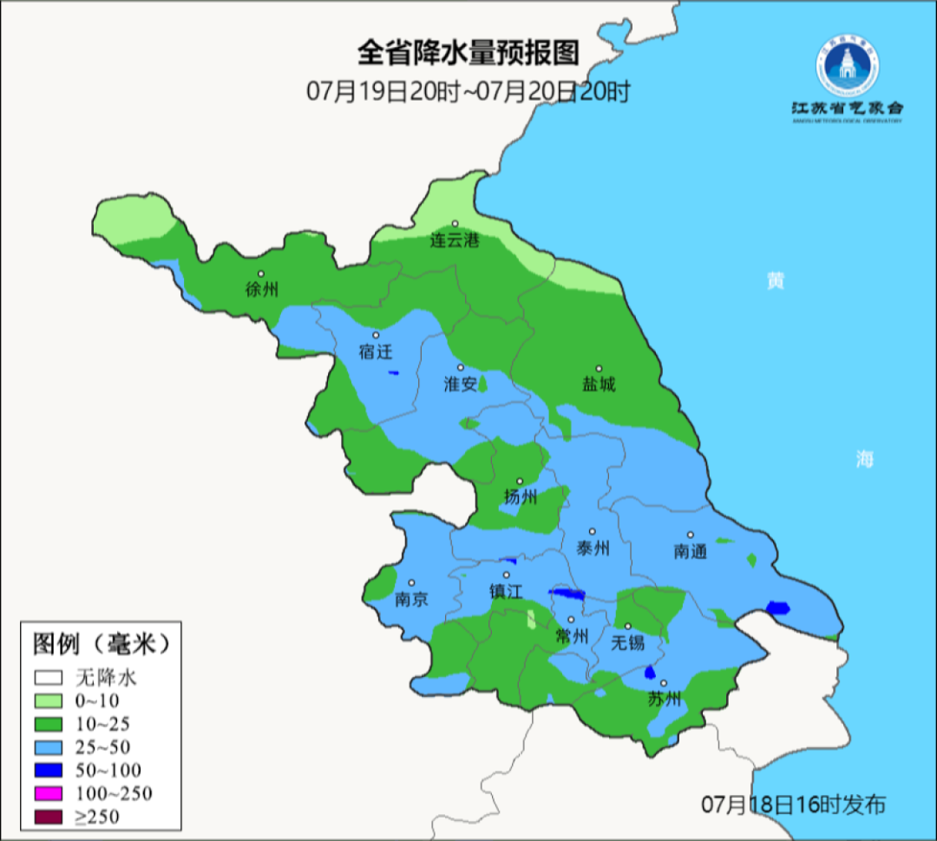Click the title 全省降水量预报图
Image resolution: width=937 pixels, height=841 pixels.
(x=468, y=53)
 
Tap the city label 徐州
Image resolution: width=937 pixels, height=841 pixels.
(x=261, y=290)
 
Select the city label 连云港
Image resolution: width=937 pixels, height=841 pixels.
(x=455, y=240)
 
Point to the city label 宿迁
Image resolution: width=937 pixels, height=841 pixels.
(x=376, y=352)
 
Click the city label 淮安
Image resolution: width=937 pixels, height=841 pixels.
(x=460, y=384)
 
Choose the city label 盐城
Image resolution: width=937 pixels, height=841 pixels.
(x=599, y=384)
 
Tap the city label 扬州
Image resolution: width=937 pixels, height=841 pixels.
(x=521, y=497)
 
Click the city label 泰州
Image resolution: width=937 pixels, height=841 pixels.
(x=593, y=548)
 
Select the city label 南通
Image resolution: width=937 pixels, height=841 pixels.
(x=691, y=551)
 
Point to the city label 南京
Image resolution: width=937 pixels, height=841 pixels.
(x=411, y=600)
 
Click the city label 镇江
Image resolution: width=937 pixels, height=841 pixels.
(x=507, y=591)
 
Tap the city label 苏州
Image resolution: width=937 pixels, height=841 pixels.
(x=665, y=700)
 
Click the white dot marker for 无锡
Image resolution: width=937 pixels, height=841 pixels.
(x=627, y=626)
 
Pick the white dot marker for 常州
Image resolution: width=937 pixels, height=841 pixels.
(x=570, y=619)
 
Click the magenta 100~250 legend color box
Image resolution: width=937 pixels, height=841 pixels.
(x=49, y=793)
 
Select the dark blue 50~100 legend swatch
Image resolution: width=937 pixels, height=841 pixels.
(x=49, y=770)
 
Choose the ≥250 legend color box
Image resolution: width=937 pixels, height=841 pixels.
(x=49, y=817)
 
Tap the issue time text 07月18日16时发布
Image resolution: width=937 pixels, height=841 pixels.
(x=793, y=805)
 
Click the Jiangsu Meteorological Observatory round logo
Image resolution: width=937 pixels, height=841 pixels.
(x=847, y=67)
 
